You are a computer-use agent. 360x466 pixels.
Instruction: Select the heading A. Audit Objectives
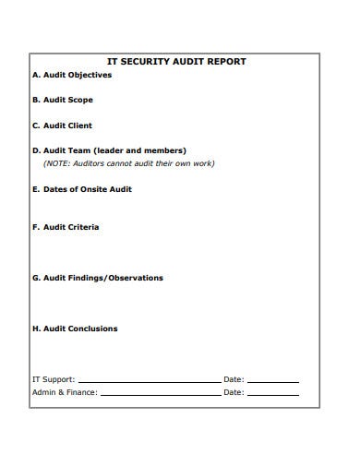(x=71, y=76)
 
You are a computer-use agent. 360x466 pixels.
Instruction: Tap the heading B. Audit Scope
(x=62, y=100)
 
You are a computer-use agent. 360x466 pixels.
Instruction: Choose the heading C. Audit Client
(x=62, y=125)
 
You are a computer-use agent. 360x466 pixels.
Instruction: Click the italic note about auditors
(x=128, y=163)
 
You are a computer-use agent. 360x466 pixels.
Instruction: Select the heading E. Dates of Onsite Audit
(x=81, y=188)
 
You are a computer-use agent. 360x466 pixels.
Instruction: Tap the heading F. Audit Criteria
(x=65, y=226)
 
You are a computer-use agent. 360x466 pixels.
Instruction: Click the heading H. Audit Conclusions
(x=74, y=329)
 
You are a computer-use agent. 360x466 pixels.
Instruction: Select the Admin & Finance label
(x=65, y=392)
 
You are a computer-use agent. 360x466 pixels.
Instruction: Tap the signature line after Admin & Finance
(x=161, y=394)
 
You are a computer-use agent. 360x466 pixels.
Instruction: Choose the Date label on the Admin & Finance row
(x=234, y=392)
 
